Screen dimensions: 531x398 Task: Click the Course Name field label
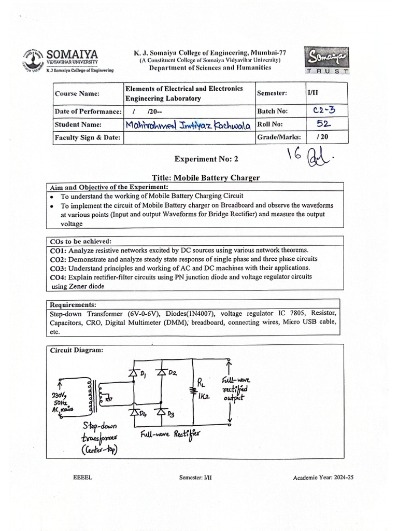pyautogui.click(x=74, y=93)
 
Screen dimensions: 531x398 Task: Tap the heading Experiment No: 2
pyautogui.click(x=206, y=159)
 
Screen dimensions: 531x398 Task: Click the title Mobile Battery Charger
pyautogui.click(x=217, y=178)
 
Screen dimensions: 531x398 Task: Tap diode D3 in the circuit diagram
pyautogui.click(x=162, y=412)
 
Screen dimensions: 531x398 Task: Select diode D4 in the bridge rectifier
pyautogui.click(x=133, y=413)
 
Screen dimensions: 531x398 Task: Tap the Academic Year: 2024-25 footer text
pyautogui.click(x=326, y=478)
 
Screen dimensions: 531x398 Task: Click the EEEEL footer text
pyautogui.click(x=83, y=478)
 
